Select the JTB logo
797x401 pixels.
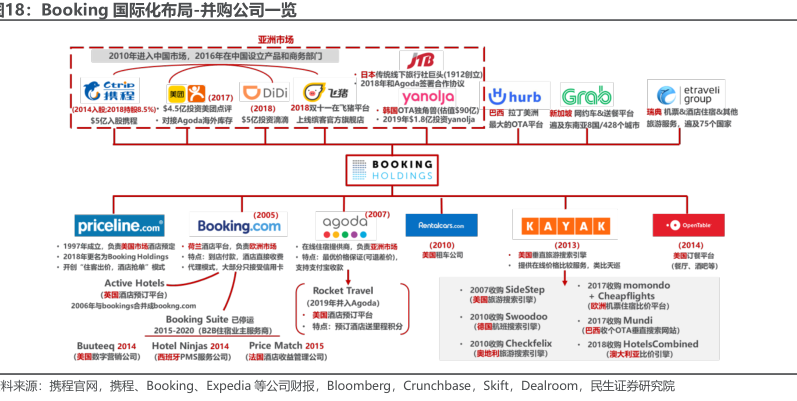pos(420,59)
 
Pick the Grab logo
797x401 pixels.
pos(586,96)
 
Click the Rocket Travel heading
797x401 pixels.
pos(340,290)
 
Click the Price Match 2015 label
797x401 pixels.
pos(286,345)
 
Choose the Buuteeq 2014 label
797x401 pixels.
pos(105,345)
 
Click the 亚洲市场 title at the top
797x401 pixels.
pos(275,39)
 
